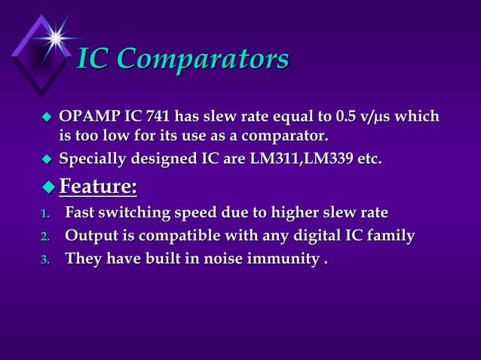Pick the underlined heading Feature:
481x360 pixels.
tap(98, 185)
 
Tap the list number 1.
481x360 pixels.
tap(44, 214)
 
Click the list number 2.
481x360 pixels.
tap(44, 237)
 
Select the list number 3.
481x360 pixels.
tap(44, 260)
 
